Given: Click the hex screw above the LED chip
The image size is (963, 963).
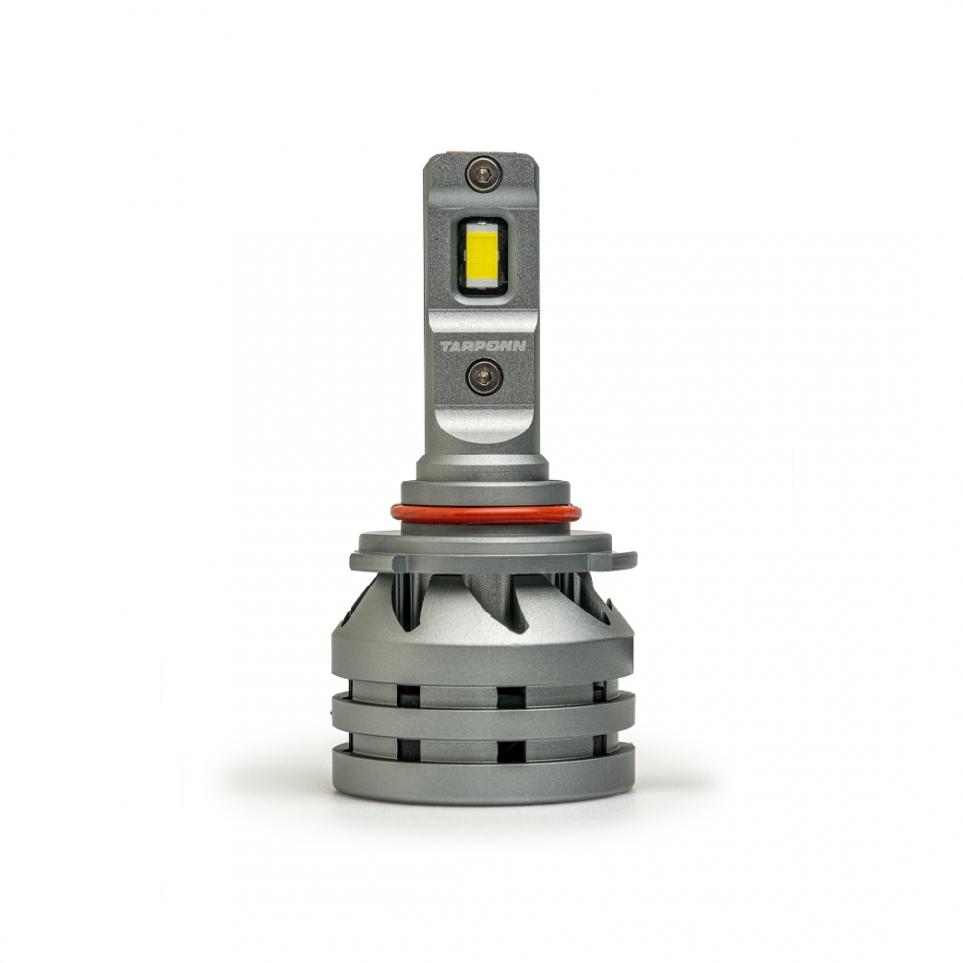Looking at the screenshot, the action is pos(483,173).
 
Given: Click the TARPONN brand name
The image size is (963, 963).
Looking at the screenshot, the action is pos(483,347).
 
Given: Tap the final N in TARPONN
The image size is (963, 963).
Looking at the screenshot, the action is pos(520,347).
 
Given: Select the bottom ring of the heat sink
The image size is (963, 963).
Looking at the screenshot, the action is pos(482,774).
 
